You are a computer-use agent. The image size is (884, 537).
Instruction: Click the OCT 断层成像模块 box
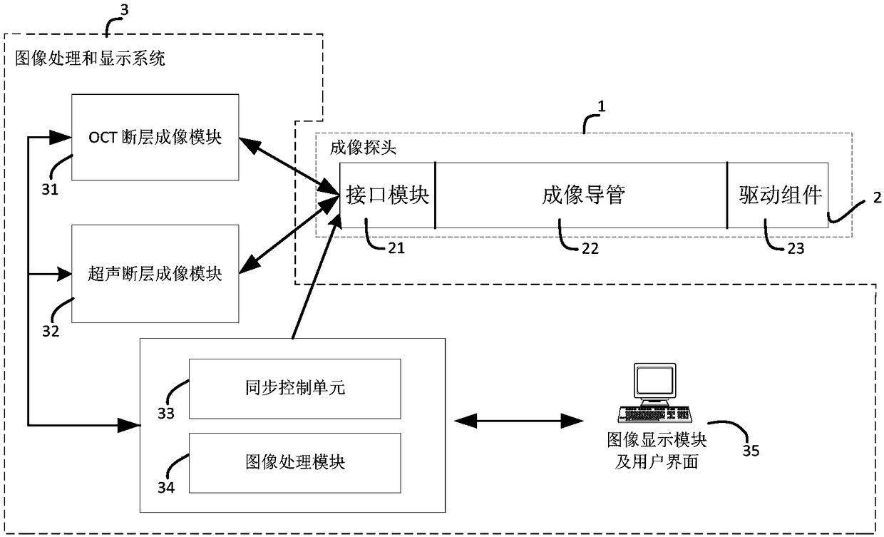[x=155, y=138]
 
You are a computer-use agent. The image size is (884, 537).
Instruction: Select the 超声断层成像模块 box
[x=155, y=274]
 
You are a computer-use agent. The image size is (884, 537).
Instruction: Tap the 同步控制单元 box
[x=295, y=389]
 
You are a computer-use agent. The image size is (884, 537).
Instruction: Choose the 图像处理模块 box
[x=295, y=463]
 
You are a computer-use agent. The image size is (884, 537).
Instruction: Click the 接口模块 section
[x=388, y=195]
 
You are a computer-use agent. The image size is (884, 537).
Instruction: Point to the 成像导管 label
[x=583, y=195]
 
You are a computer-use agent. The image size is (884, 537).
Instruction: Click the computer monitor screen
[x=654, y=380]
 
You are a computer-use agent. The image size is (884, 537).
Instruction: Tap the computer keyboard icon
[x=654, y=414]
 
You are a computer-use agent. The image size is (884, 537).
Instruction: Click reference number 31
[x=50, y=190]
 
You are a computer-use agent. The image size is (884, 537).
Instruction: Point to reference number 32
[x=51, y=332]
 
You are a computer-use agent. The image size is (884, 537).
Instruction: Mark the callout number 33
[x=165, y=414]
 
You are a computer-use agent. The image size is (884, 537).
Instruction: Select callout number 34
[x=165, y=488]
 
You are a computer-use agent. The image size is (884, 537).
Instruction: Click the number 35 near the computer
[x=751, y=451]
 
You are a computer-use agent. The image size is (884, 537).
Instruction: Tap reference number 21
[x=396, y=248]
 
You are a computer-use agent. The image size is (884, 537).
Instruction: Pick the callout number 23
[x=796, y=248]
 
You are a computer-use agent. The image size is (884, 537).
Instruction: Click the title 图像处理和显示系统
[x=90, y=58]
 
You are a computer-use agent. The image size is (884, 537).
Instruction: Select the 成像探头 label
[x=363, y=148]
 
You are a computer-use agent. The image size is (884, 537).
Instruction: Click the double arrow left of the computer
[x=518, y=421]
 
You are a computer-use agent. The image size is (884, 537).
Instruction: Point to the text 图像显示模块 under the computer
[x=657, y=440]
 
